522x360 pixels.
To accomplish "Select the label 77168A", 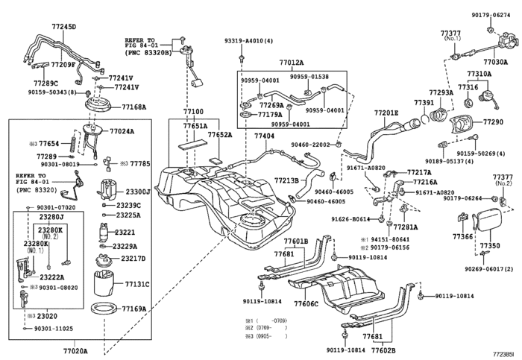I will tap(134, 107).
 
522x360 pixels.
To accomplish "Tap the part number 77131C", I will tap(137, 284).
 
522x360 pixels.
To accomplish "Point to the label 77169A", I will tap(134, 308).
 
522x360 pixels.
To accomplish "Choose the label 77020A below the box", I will tap(75, 350).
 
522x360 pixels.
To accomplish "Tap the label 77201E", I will tap(386, 113).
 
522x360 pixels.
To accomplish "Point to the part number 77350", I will tap(490, 245).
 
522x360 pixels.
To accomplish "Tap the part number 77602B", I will tap(383, 349).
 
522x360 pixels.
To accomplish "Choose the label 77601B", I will tap(295, 241).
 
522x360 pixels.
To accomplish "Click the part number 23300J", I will tap(138, 192).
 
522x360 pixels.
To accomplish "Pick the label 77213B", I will tap(286, 180).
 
